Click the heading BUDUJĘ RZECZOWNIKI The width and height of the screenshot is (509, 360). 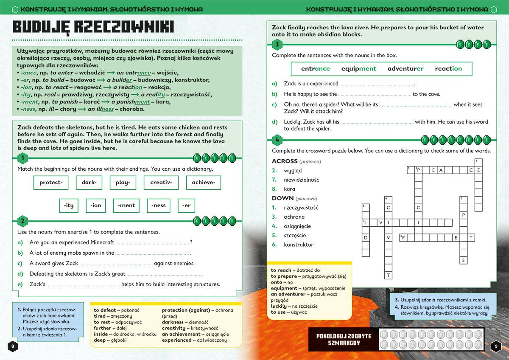pyautogui.click(x=93, y=27)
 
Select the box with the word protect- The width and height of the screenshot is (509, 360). pyautogui.click(x=51, y=183)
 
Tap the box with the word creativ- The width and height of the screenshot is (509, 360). pyautogui.click(x=161, y=183)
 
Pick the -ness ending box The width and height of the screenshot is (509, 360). pyautogui.click(x=159, y=205)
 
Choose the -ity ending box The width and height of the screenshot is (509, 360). pyautogui.click(x=69, y=205)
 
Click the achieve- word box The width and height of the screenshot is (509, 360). pyautogui.click(x=204, y=183)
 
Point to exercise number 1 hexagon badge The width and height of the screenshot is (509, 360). pyautogui.click(x=22, y=159)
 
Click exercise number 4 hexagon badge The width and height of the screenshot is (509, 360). pyautogui.click(x=277, y=140)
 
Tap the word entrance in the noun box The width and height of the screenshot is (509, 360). pyautogui.click(x=315, y=69)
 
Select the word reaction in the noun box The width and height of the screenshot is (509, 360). pyautogui.click(x=448, y=69)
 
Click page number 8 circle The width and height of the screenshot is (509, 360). pyautogui.click(x=13, y=346)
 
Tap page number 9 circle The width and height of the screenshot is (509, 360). pyautogui.click(x=496, y=346)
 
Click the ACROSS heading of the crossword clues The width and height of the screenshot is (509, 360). pyautogui.click(x=285, y=161)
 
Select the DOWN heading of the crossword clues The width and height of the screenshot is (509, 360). pyautogui.click(x=282, y=198)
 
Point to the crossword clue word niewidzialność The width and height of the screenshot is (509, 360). pyautogui.click(x=301, y=180)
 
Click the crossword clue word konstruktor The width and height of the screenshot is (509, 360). pyautogui.click(x=299, y=245)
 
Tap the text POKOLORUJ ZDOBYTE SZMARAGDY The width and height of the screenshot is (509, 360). pyautogui.click(x=344, y=339)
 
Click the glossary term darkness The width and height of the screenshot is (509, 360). pyautogui.click(x=173, y=322)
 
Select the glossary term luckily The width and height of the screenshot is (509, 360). pyautogui.click(x=279, y=306)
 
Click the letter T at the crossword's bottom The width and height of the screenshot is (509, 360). pyautogui.click(x=388, y=275)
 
